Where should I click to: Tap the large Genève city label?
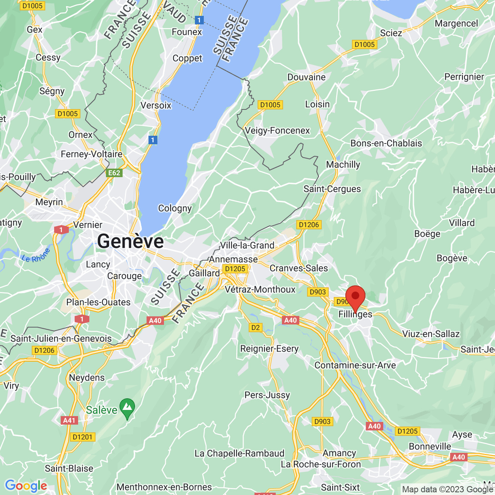[130, 241]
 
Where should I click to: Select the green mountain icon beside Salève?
[127, 408]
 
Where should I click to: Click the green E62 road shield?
[114, 172]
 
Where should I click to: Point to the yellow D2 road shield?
[256, 328]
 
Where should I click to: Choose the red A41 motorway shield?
[69, 420]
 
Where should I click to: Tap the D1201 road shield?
[82, 437]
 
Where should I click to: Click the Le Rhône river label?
[36, 256]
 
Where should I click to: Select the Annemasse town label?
[233, 259]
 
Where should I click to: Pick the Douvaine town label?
[306, 77]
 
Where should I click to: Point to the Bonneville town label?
[430, 446]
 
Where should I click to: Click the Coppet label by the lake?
[187, 58]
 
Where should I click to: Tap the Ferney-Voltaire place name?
[92, 154]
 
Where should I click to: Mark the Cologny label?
[175, 208]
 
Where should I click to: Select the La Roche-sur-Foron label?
[321, 464]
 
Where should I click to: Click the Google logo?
[26, 486]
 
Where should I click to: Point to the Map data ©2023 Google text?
[447, 489]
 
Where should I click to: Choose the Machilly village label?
[343, 164]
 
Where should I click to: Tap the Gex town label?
[34, 29]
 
